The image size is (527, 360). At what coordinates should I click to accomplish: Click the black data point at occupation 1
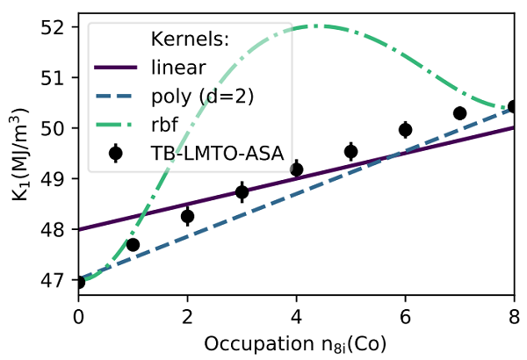coord(134,245)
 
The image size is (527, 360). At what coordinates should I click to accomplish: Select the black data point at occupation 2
coord(188,216)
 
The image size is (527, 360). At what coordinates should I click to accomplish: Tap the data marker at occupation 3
coord(242,191)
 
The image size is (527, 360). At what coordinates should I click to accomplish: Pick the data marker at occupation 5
coord(351,151)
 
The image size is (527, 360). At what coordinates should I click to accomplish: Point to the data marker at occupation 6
coord(406,130)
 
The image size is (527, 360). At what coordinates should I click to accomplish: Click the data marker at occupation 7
coord(460,113)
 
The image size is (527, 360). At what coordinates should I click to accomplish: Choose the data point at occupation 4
coord(297,169)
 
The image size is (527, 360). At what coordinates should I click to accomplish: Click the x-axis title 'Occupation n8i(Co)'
coord(297,339)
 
